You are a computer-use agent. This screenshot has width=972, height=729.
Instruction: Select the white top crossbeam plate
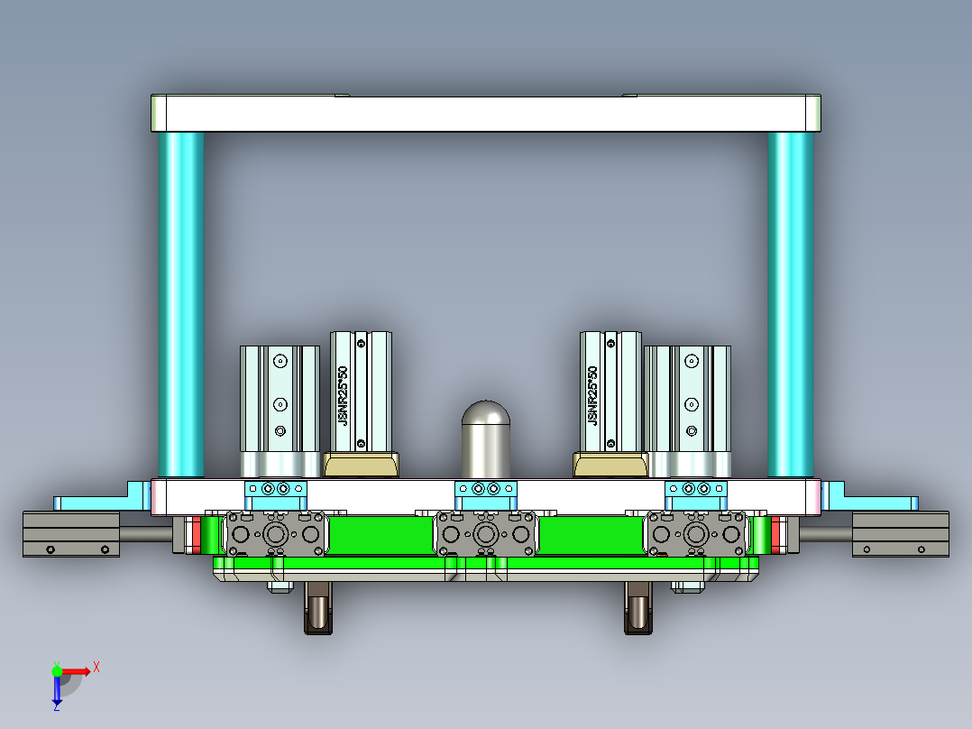pyautogui.click(x=485, y=114)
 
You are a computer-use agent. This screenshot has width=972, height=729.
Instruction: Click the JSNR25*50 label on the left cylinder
pyautogui.click(x=343, y=395)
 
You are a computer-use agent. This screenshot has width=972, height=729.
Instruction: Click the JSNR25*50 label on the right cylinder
pyautogui.click(x=592, y=395)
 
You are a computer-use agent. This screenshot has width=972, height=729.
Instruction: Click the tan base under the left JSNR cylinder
pyautogui.click(x=361, y=466)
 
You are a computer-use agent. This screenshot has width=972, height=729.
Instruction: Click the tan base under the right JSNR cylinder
pyautogui.click(x=610, y=466)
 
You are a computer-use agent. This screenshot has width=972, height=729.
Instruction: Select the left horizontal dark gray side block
pyautogui.click(x=71, y=533)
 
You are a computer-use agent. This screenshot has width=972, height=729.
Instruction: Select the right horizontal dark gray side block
pyautogui.click(x=900, y=533)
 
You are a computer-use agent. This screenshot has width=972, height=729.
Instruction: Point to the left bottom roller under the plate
pyautogui.click(x=317, y=609)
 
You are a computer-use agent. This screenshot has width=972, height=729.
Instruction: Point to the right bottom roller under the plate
pyautogui.click(x=638, y=609)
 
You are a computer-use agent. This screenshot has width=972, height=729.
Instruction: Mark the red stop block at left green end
pyautogui.click(x=195, y=535)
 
